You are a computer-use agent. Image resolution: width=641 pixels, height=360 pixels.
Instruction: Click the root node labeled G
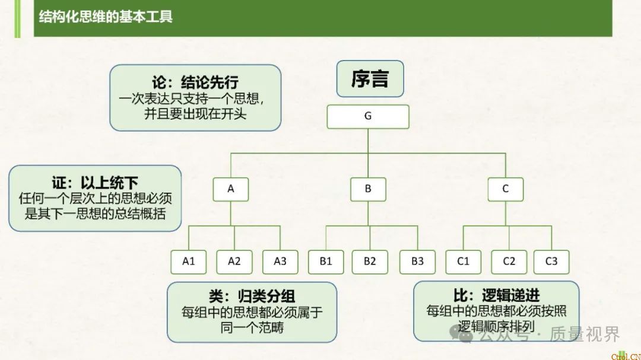(x=368, y=116)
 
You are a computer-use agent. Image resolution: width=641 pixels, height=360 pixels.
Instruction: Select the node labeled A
(x=231, y=189)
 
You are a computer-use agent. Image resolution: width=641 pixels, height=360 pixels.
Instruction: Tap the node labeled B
(x=368, y=189)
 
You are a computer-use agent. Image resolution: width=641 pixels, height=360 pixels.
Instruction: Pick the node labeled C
(x=506, y=189)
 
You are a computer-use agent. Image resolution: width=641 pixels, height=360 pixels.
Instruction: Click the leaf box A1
(x=189, y=261)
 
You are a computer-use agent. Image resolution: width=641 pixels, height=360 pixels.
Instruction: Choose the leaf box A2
(x=234, y=261)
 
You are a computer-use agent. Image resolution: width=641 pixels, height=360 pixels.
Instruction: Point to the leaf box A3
(x=280, y=261)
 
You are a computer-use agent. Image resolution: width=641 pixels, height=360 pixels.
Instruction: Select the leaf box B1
(x=326, y=261)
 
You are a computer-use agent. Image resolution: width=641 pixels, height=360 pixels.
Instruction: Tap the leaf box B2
(x=370, y=261)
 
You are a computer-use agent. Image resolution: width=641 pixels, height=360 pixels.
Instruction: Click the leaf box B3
(x=417, y=261)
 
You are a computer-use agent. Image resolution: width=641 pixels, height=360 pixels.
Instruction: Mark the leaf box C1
(x=464, y=261)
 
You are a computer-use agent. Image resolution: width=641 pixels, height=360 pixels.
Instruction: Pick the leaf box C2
(x=509, y=261)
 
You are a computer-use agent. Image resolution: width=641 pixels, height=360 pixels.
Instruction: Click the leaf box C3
(x=551, y=261)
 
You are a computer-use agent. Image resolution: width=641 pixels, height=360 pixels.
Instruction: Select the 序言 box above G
(x=370, y=79)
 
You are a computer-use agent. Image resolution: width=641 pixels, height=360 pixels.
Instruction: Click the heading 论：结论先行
(x=195, y=82)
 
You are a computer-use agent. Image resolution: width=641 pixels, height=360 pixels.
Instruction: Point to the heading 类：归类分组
(x=252, y=295)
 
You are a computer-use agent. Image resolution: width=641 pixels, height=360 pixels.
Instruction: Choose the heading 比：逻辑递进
(x=496, y=294)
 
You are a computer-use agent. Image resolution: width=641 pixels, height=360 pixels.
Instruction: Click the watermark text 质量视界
(x=585, y=335)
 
